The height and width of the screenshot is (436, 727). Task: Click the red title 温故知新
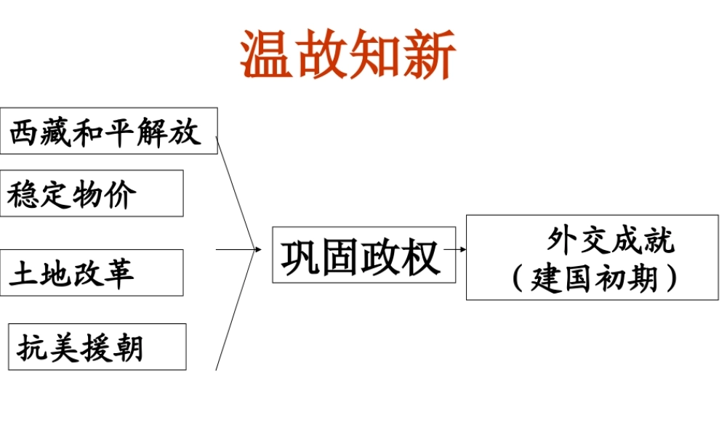pos(348,54)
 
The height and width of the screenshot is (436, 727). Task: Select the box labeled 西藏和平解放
pos(108,131)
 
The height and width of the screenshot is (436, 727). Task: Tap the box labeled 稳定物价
pos(91,193)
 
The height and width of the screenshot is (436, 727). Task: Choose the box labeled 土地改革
pos(91,272)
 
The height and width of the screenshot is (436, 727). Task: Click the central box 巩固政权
pos(363,255)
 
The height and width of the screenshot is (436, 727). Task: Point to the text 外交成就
pos(611,241)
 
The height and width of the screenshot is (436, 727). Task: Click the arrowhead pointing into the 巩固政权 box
pos(257,249)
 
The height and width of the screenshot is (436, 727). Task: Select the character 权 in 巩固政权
pos(422,257)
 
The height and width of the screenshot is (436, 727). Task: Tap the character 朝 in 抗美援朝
pos(127,347)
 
